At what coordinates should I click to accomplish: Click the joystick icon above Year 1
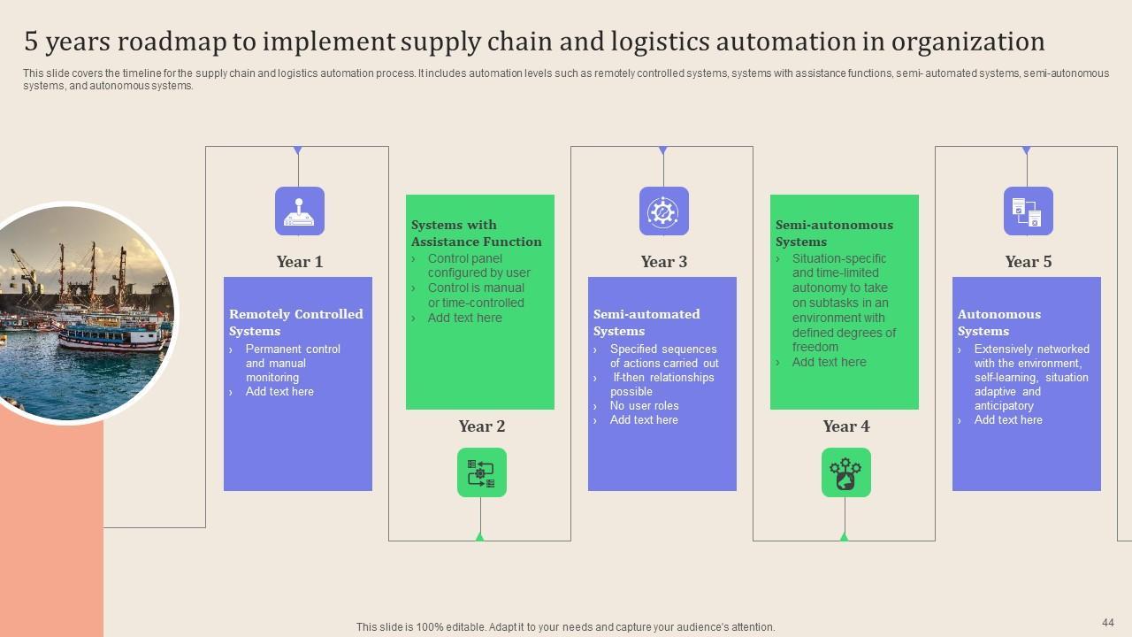300,211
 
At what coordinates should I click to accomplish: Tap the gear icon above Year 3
663,211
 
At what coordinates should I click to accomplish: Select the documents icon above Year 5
1029,211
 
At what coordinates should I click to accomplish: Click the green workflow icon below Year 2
482,472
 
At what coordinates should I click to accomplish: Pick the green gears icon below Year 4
846,472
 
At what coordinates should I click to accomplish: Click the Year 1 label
299,262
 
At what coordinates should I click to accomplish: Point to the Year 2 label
482,426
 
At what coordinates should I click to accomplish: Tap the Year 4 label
846,426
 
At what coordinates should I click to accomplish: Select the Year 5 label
1028,262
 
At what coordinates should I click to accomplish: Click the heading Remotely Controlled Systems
296,323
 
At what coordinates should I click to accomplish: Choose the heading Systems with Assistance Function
476,233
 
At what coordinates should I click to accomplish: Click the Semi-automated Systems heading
646,323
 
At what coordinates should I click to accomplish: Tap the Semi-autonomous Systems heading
834,233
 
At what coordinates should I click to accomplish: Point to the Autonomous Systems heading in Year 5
999,323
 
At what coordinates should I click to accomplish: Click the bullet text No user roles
644,405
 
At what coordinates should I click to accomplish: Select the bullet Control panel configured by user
479,265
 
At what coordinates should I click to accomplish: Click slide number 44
1108,622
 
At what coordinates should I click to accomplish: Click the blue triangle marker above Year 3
663,150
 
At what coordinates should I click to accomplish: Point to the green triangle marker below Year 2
480,537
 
